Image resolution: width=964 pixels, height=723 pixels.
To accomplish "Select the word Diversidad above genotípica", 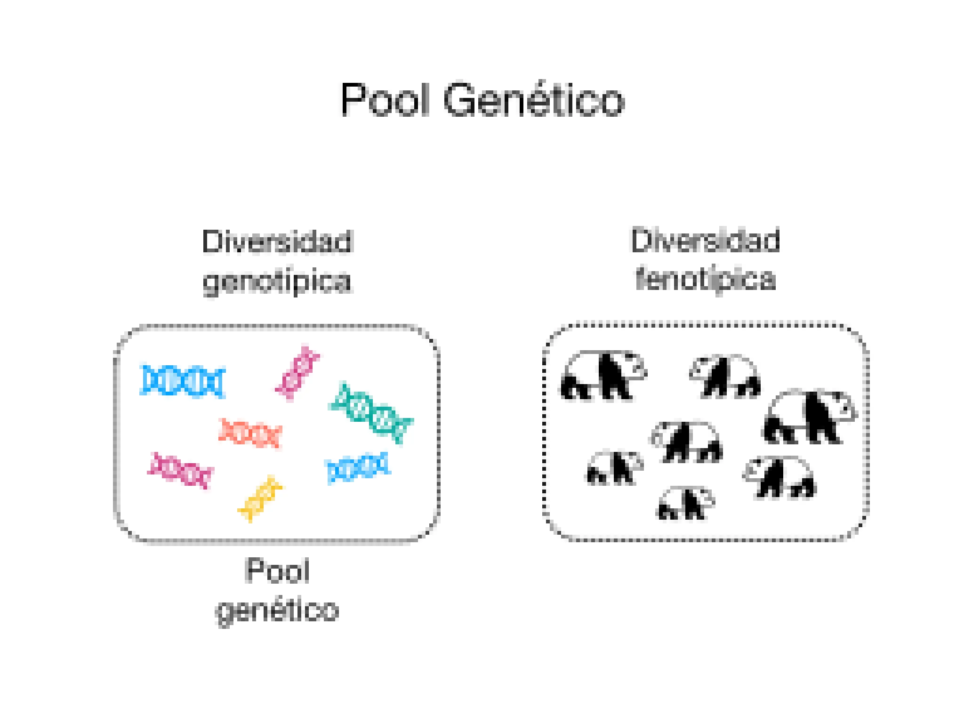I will point(277,242).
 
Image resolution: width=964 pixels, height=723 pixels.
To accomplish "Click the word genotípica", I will point(277,281).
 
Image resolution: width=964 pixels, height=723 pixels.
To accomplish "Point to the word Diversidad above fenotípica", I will point(705,240).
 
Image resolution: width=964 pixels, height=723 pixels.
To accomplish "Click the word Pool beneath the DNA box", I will point(277,571).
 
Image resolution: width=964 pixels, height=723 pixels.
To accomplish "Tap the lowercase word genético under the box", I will point(277,611).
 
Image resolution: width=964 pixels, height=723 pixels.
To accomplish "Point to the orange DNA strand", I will point(250,433).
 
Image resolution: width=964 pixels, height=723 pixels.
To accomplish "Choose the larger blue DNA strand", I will point(183,380).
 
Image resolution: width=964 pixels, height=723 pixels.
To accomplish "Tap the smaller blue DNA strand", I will point(358,467).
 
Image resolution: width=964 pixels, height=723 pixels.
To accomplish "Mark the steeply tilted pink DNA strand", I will point(298,373).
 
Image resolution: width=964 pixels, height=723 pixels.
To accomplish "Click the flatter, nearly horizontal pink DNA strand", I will point(180,470).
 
